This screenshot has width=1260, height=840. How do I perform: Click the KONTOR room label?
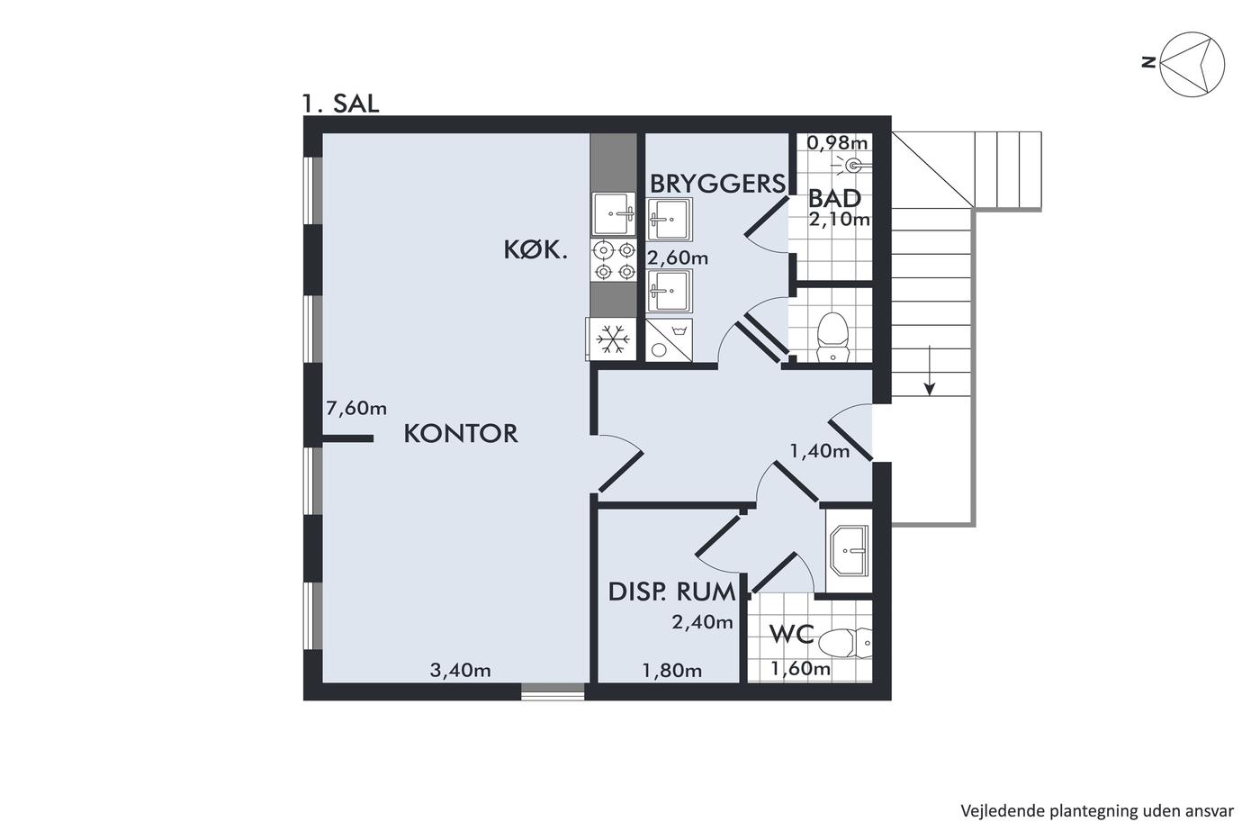[461, 434]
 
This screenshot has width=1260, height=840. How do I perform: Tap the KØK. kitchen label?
[535, 249]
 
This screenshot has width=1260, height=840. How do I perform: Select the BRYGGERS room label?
[718, 184]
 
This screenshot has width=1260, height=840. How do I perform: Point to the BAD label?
[835, 199]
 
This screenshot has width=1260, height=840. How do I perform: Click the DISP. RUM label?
[672, 592]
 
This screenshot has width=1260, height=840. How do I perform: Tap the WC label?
[791, 634]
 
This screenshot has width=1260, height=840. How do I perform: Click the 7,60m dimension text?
[356, 409]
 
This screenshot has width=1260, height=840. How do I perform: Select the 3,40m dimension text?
[460, 670]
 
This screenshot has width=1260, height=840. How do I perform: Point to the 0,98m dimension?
[837, 143]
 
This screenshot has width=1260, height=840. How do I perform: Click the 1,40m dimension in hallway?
[820, 451]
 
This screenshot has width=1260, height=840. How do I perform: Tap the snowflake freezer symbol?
[612, 339]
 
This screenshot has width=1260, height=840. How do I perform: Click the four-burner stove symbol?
[614, 259]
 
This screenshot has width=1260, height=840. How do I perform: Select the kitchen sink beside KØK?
[614, 213]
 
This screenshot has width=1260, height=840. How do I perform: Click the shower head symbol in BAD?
[854, 165]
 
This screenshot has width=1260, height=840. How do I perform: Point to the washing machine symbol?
[669, 339]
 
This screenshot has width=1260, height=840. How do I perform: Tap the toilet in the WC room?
[845, 643]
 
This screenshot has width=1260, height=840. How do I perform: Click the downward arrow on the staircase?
[930, 370]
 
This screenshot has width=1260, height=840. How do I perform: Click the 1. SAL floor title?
[340, 104]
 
